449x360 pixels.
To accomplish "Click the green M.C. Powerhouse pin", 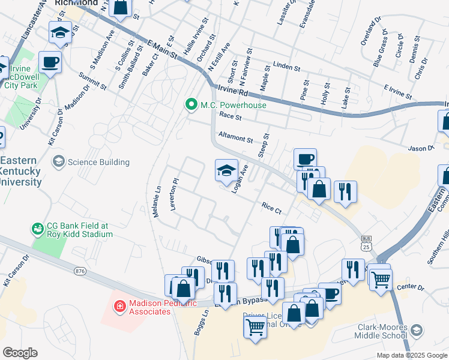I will [x=191, y=106].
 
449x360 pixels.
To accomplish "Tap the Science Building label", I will [x=98, y=162].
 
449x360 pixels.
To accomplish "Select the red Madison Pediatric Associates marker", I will [x=120, y=307].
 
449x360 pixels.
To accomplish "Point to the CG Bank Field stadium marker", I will [x=39, y=229].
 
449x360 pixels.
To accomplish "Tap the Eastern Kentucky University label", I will [x=20, y=171].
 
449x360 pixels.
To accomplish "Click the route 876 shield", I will [x=79, y=271].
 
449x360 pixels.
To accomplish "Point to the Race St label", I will [x=229, y=116].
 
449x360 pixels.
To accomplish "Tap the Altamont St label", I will [x=235, y=139].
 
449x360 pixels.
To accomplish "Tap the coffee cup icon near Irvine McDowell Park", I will [x=50, y=62].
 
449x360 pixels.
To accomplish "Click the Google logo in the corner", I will [x=20, y=353].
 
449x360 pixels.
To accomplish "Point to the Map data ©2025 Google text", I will [x=412, y=355].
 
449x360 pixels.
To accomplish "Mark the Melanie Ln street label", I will [x=157, y=201].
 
